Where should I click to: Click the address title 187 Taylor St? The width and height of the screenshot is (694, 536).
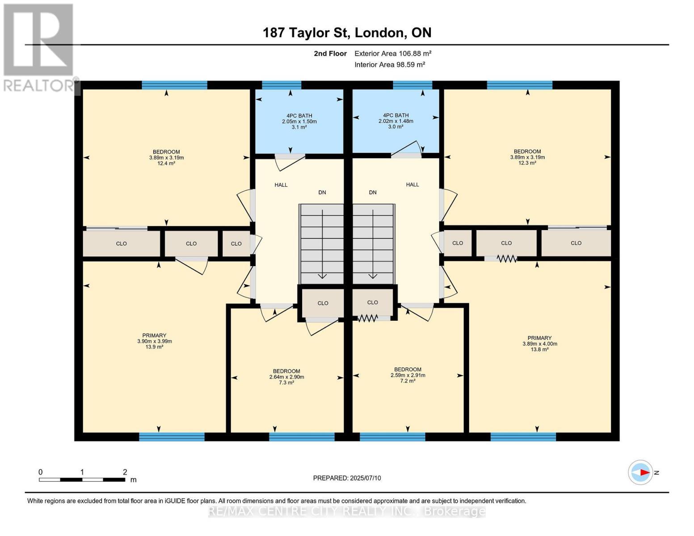pyautogui.click(x=347, y=33)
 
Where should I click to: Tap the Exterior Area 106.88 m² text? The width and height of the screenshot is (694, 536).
pyautogui.click(x=392, y=54)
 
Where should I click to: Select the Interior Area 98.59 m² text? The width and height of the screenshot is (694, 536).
pyautogui.click(x=389, y=65)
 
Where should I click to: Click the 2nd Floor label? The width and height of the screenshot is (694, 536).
pyautogui.click(x=330, y=54)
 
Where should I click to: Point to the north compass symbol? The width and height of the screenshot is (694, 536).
pyautogui.click(x=640, y=472)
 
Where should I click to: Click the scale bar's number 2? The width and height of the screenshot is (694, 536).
pyautogui.click(x=125, y=472)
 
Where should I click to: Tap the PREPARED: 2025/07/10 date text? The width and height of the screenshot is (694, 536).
pyautogui.click(x=347, y=478)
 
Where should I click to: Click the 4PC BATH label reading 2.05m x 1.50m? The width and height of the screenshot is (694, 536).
pyautogui.click(x=299, y=121)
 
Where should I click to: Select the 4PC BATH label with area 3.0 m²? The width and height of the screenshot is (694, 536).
pyautogui.click(x=395, y=121)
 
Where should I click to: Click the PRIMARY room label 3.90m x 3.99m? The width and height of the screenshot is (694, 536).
pyautogui.click(x=154, y=341)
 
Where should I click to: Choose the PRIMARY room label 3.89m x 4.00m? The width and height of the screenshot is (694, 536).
pyautogui.click(x=539, y=343)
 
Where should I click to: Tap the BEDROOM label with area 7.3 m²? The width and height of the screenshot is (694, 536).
pyautogui.click(x=286, y=377)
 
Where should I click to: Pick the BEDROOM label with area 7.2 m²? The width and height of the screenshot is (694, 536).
pyautogui.click(x=408, y=375)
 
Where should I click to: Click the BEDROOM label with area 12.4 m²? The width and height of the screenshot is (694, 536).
pyautogui.click(x=166, y=158)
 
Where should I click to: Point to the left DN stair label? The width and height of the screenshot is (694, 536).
pyautogui.click(x=322, y=193)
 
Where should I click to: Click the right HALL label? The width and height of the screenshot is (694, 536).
pyautogui.click(x=412, y=184)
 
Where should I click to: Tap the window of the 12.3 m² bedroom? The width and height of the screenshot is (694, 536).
pyautogui.click(x=519, y=85)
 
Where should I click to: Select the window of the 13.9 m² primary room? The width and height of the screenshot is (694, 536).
pyautogui.click(x=172, y=437)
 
